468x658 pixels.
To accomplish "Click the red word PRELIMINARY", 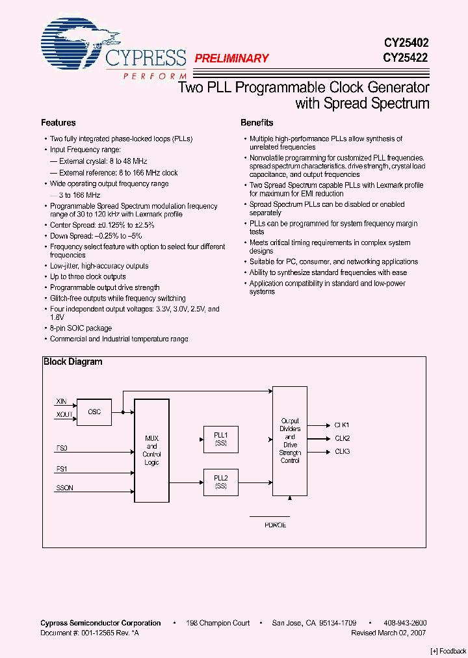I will click(x=231, y=59).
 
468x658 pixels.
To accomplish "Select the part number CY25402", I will click(x=406, y=42).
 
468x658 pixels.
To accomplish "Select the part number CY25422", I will click(x=406, y=57).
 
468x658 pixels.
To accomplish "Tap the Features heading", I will click(x=58, y=123).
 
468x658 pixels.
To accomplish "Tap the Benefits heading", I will click(x=257, y=123).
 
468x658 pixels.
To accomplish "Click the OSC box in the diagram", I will click(x=94, y=412).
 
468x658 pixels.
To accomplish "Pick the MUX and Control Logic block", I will click(x=151, y=451).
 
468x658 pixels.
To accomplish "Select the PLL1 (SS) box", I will click(x=220, y=439).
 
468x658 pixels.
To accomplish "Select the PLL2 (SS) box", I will click(x=220, y=482).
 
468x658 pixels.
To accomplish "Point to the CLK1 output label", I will click(x=342, y=425).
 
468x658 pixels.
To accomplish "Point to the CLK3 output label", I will click(x=342, y=451).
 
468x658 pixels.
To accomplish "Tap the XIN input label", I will click(x=60, y=402).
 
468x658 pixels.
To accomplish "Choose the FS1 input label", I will click(x=62, y=468).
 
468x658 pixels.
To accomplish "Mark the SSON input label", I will click(x=64, y=487).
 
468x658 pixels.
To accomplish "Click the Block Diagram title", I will click(x=73, y=362).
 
